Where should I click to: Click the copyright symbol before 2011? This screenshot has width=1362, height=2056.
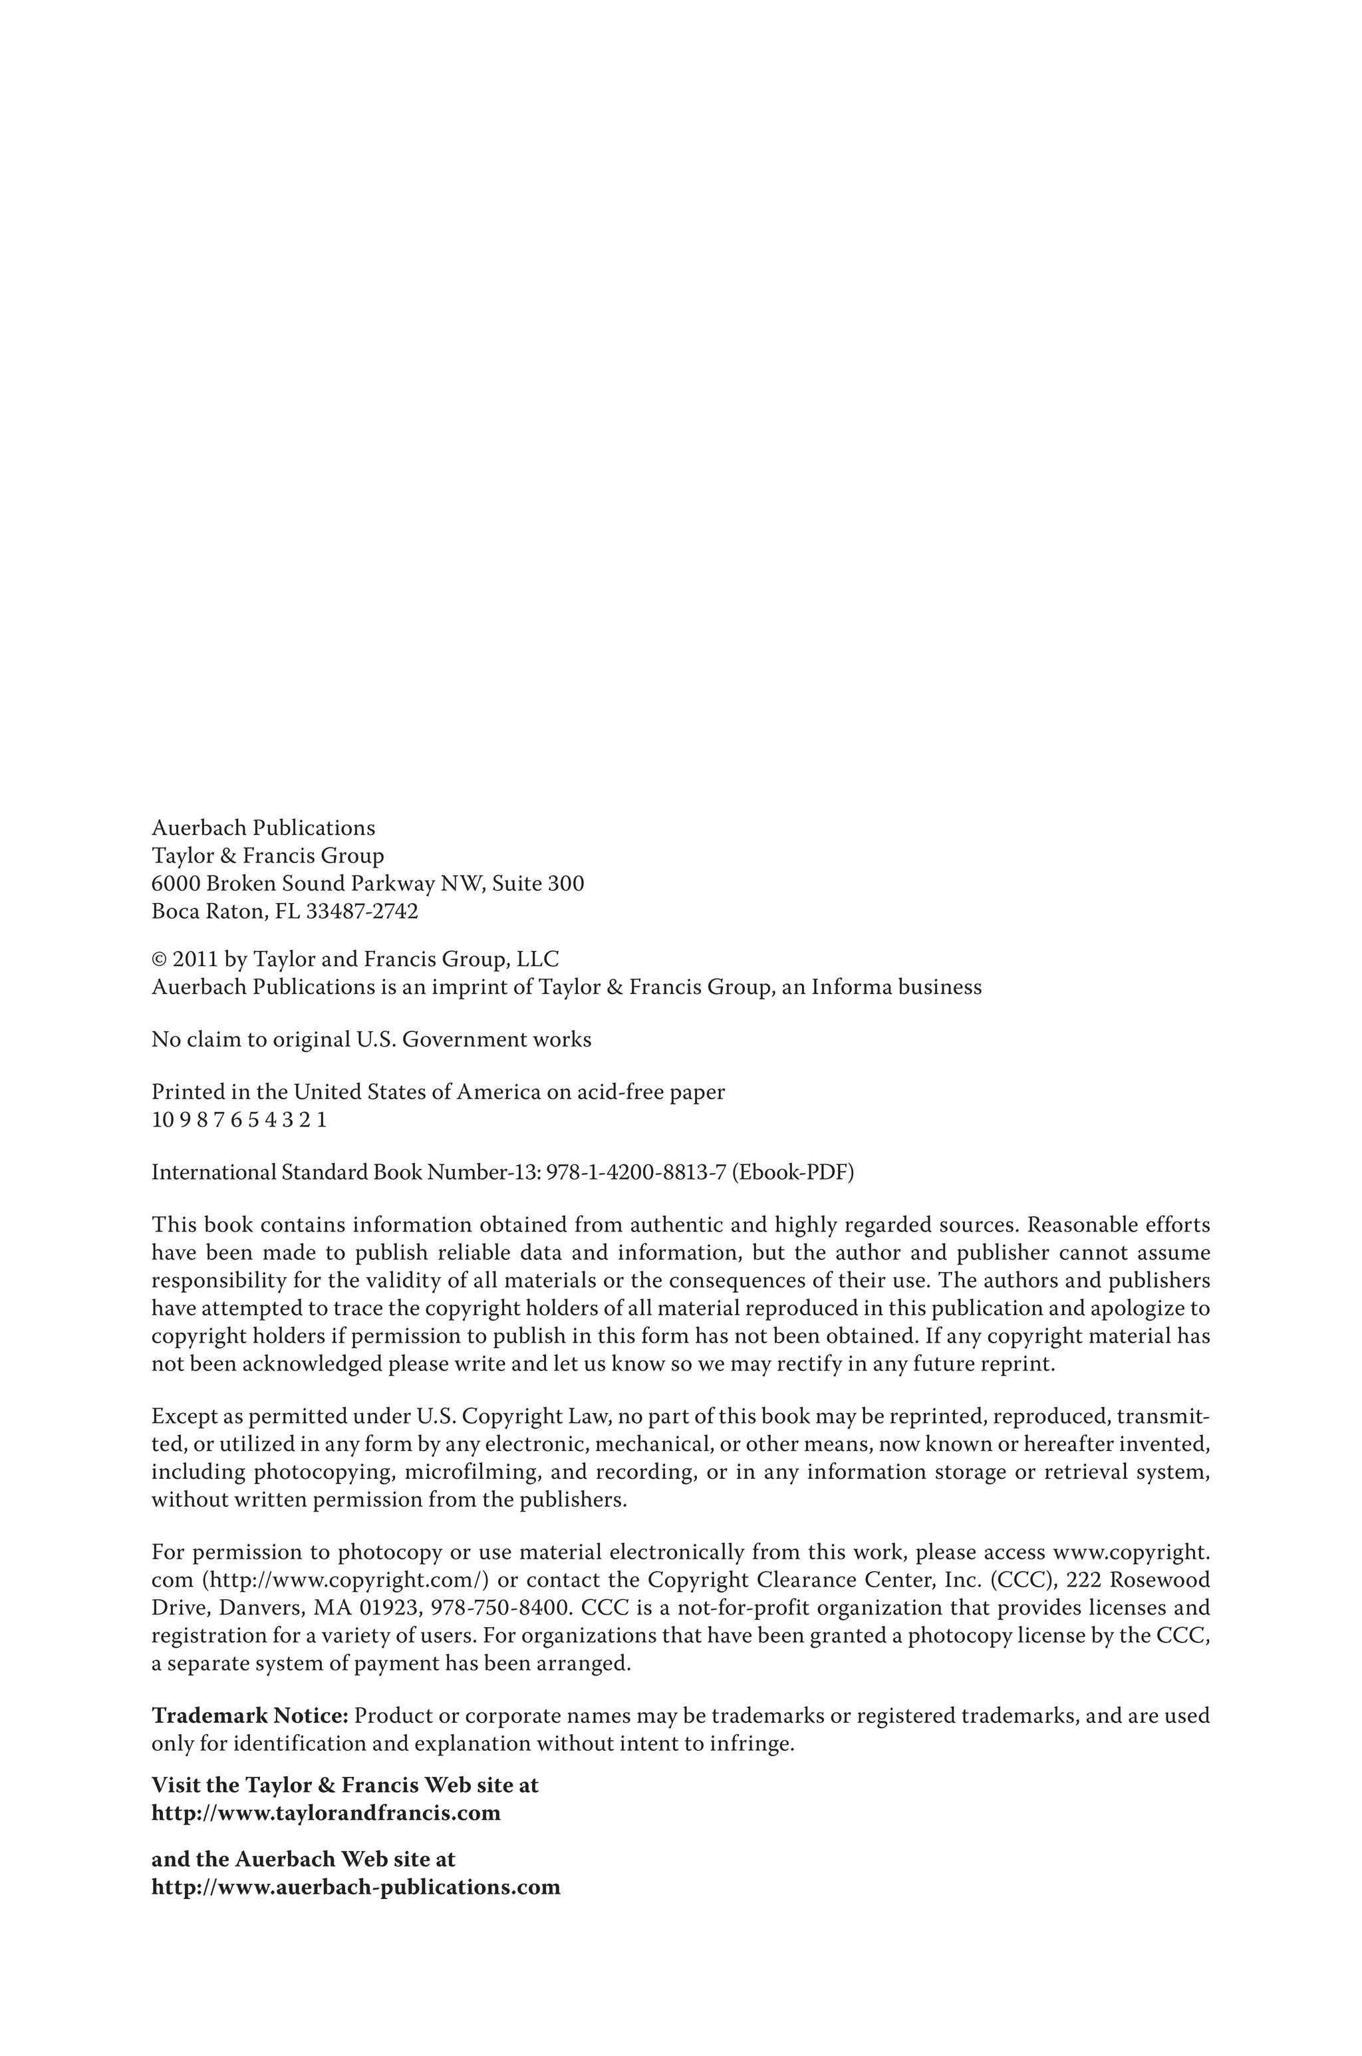[x=159, y=960]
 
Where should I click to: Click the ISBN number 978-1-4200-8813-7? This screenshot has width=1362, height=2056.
[x=636, y=1173]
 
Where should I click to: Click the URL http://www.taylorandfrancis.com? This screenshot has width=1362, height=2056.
[x=326, y=1814]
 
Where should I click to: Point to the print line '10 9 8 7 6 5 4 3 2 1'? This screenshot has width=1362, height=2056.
[x=239, y=1120]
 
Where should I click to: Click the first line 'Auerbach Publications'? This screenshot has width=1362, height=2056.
[x=263, y=829]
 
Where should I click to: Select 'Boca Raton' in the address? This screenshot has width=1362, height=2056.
[x=208, y=912]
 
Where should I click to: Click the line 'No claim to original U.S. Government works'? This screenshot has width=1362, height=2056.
[x=371, y=1040]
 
